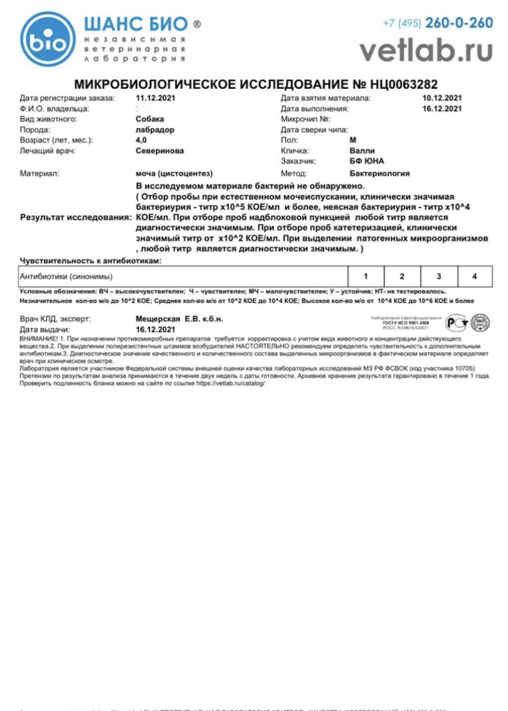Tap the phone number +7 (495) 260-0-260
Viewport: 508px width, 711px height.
pyautogui.click(x=438, y=23)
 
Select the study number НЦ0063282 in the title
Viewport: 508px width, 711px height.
pyautogui.click(x=401, y=83)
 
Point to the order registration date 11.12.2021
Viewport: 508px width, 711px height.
pyautogui.click(x=155, y=98)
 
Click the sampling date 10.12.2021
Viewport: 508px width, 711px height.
pyautogui.click(x=442, y=98)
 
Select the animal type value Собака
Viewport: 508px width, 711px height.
pyautogui.click(x=149, y=119)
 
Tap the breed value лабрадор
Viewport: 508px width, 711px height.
pyautogui.click(x=154, y=130)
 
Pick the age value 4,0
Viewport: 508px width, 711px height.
pyautogui.click(x=142, y=141)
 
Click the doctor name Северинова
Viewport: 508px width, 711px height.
pyautogui.click(x=159, y=151)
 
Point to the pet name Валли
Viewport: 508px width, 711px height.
pyautogui.click(x=362, y=151)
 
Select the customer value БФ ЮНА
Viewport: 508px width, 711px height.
pyautogui.click(x=367, y=162)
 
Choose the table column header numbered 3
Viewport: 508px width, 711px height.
pyautogui.click(x=439, y=276)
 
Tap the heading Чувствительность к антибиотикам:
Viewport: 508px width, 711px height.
pyautogui.click(x=90, y=261)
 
